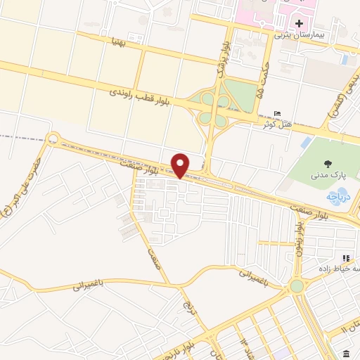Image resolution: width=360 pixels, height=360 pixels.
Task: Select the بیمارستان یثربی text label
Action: point(291,34)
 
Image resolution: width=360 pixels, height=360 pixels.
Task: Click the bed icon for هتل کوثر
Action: point(278,114)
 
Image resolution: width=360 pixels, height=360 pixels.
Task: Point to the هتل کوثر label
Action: point(258,124)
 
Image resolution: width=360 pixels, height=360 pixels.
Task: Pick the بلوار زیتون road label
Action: point(298,240)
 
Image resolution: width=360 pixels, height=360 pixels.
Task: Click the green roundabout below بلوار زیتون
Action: point(297,285)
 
